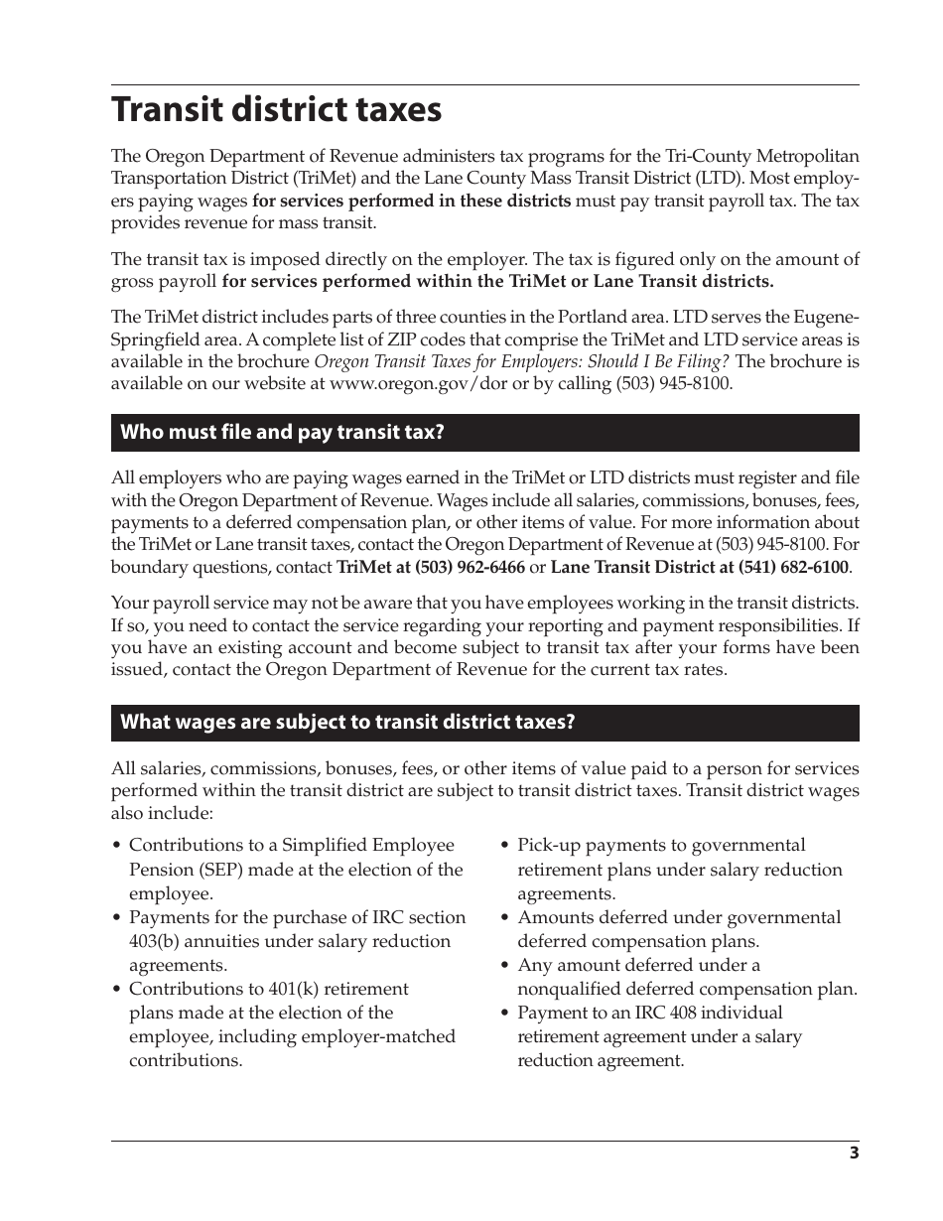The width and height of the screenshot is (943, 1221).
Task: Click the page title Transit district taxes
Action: [x=276, y=110]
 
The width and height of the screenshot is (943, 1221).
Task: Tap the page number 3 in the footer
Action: [x=854, y=1153]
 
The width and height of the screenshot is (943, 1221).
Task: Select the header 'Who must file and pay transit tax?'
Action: [x=282, y=432]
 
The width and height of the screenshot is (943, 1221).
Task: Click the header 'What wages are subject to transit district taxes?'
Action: [x=347, y=722]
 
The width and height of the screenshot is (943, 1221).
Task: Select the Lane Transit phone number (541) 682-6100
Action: [x=793, y=568]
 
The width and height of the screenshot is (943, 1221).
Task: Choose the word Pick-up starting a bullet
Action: [x=549, y=846]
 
